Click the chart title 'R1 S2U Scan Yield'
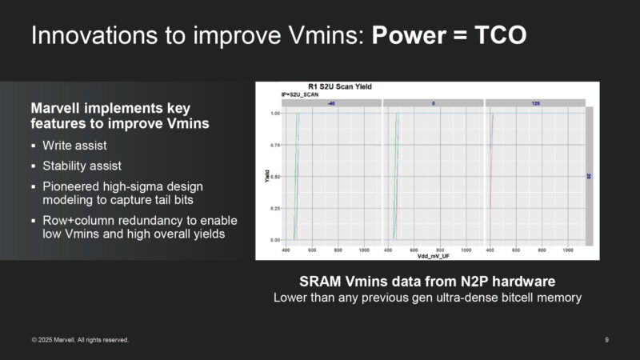339,86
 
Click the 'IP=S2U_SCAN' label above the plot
299,95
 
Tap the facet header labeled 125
535,103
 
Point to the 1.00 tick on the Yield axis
275,114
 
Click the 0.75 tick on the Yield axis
275,145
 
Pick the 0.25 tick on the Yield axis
275,208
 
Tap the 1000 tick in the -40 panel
364,250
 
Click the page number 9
607,340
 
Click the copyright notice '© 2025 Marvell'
58,340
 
